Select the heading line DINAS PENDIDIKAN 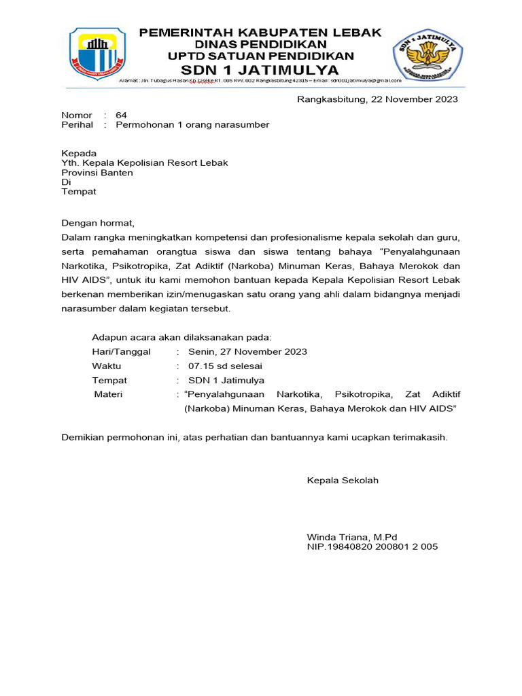click(x=261, y=44)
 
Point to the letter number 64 click(x=121, y=115)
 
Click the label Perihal click(x=77, y=125)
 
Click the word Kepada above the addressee click(x=79, y=154)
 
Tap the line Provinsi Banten click(x=97, y=173)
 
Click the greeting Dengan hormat click(x=99, y=223)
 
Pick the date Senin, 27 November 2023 click(x=247, y=351)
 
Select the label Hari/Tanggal click(x=122, y=351)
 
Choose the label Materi click(x=109, y=394)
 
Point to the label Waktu click(x=107, y=366)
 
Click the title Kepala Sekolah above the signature click(x=343, y=481)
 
